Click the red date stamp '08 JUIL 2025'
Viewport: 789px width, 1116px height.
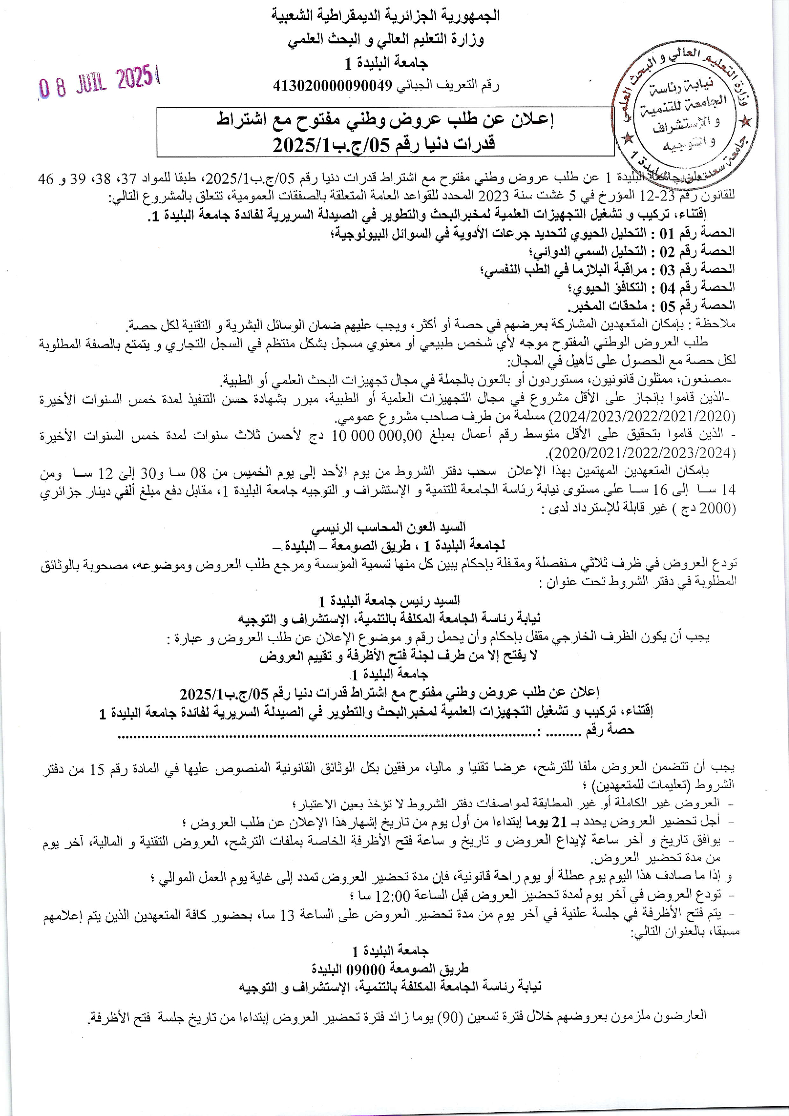click(100, 82)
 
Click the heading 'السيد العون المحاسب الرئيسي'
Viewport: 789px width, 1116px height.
click(389, 527)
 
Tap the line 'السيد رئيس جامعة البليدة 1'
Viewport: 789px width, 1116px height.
click(389, 601)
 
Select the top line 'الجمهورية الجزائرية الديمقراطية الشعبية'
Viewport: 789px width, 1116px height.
click(386, 16)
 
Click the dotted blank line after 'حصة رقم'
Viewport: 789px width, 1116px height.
click(326, 736)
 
